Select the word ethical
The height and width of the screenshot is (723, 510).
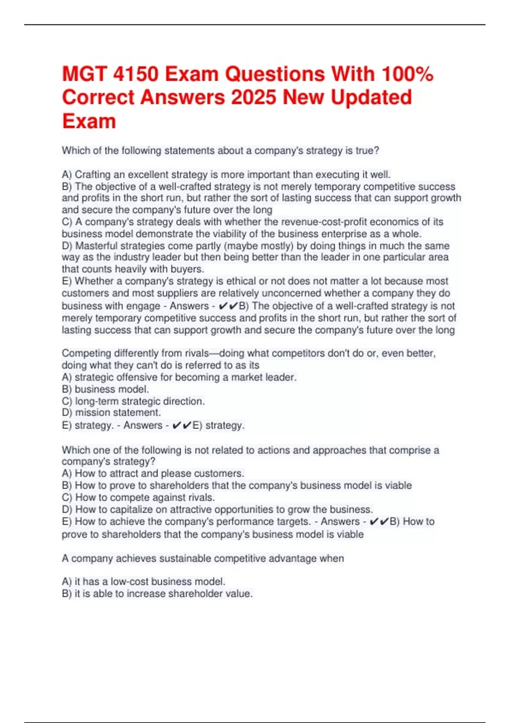(x=236, y=282)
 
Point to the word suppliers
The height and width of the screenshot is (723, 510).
(x=168, y=293)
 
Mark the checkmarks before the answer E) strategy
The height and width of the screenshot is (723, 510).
(x=182, y=426)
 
